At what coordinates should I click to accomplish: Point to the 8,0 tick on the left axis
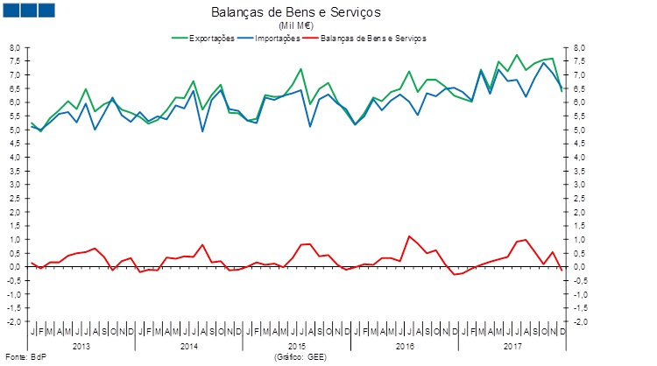point(15,47)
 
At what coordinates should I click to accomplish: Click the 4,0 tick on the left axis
point(15,157)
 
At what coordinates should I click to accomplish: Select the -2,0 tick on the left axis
point(14,321)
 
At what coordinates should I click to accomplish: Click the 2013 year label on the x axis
point(81,346)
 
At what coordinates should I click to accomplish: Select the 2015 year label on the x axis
point(296,346)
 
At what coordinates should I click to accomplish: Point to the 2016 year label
point(404,346)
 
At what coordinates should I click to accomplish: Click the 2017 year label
point(511,346)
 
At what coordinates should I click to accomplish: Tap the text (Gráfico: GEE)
point(300,357)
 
